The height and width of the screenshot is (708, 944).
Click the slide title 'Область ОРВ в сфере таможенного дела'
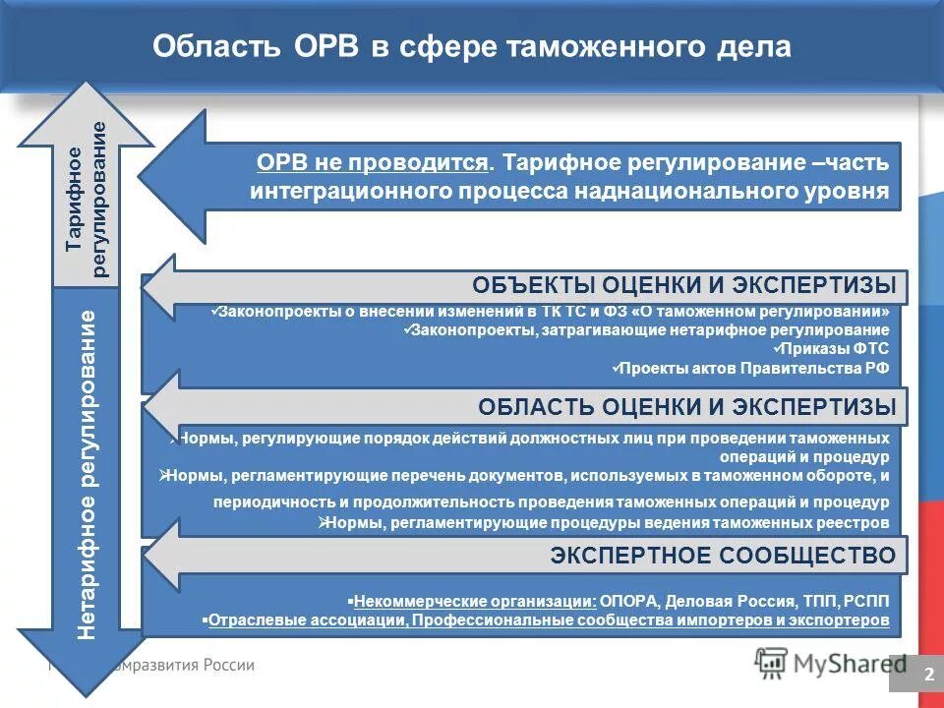(472, 47)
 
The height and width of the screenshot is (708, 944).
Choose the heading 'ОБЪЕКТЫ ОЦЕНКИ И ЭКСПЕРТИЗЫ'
(684, 285)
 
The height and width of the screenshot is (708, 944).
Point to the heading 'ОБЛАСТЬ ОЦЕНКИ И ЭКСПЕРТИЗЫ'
(686, 406)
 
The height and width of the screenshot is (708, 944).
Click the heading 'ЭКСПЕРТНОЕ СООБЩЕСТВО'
(723, 556)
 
